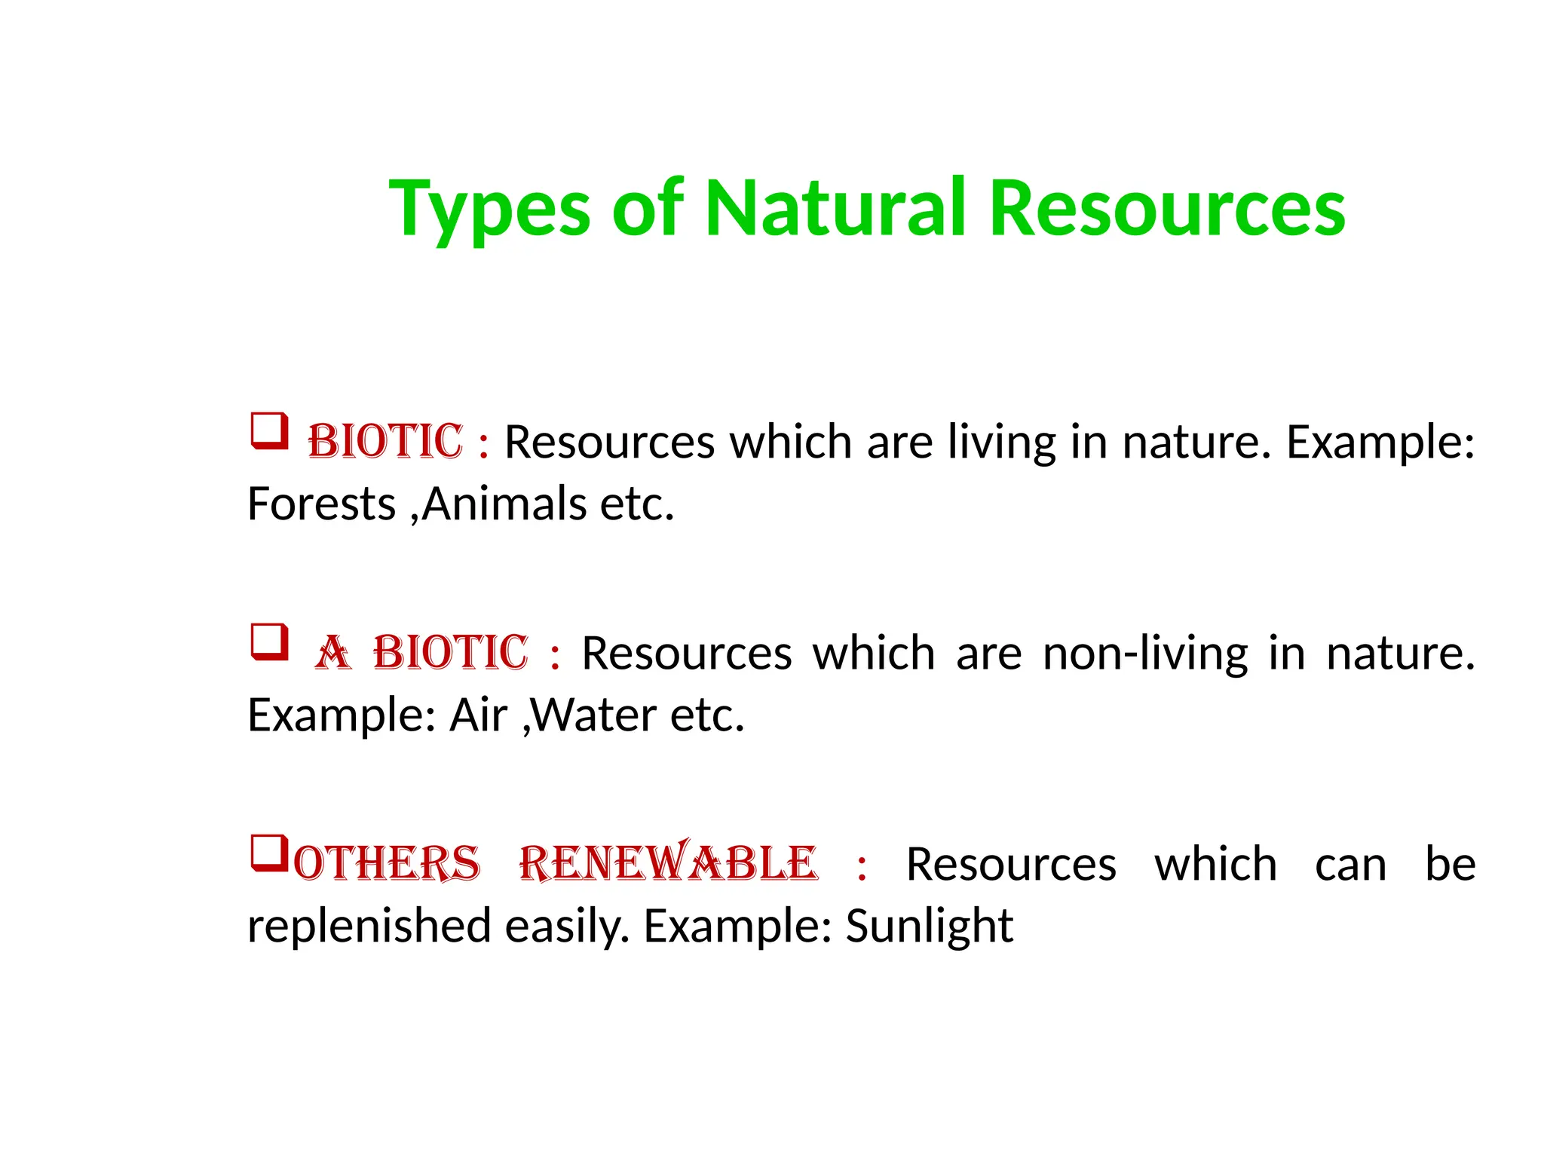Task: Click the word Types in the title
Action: pyautogui.click(x=489, y=210)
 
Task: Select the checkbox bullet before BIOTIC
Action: pyautogui.click(x=269, y=431)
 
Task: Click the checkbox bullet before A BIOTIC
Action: pyautogui.click(x=269, y=642)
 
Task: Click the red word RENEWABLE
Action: pyautogui.click(x=668, y=863)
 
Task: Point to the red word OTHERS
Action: pyautogui.click(x=387, y=864)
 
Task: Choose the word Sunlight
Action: pyautogui.click(x=929, y=926)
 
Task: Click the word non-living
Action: pyautogui.click(x=1145, y=653)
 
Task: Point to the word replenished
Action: pyautogui.click(x=369, y=926)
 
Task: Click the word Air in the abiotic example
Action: pyautogui.click(x=478, y=715)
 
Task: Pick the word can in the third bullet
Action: pyautogui.click(x=1350, y=865)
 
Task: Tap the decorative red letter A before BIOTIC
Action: pyautogui.click(x=332, y=653)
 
